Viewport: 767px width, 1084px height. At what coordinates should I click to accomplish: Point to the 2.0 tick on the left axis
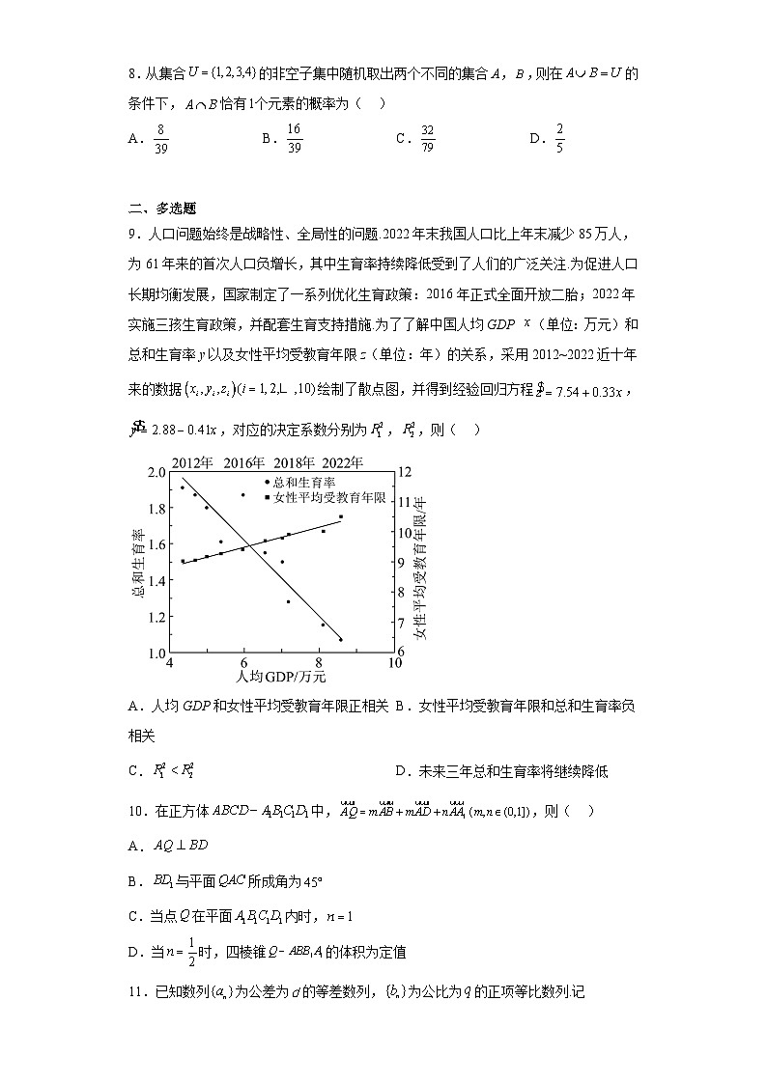(x=156, y=472)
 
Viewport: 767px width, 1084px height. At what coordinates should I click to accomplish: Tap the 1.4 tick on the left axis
(x=156, y=580)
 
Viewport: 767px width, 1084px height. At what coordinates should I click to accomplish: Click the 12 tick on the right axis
(x=405, y=472)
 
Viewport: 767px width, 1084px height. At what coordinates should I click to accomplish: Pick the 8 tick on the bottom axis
(x=320, y=663)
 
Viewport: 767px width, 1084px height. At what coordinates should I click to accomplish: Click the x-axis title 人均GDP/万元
(x=280, y=677)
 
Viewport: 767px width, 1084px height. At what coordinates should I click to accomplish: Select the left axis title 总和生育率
(x=138, y=562)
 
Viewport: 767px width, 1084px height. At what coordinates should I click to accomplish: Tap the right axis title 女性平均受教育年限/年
(x=421, y=563)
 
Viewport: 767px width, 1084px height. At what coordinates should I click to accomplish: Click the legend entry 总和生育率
(x=303, y=482)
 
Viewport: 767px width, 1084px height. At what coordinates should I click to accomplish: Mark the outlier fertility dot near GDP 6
(x=242, y=495)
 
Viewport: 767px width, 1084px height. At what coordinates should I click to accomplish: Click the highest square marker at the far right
(x=340, y=516)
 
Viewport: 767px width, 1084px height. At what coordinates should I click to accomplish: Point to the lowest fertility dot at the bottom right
(x=340, y=639)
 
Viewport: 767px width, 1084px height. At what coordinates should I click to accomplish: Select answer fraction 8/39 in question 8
(x=160, y=138)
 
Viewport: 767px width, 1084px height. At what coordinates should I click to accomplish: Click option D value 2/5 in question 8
(x=560, y=138)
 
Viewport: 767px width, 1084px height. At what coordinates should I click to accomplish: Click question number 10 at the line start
(x=136, y=813)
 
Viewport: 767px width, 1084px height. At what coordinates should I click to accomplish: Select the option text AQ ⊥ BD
(x=176, y=845)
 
